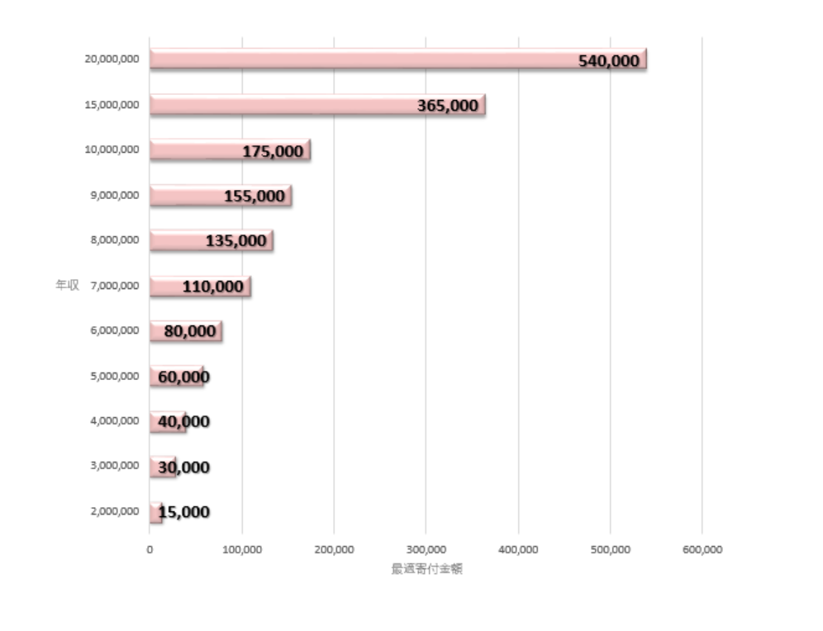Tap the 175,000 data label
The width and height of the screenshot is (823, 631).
tap(272, 151)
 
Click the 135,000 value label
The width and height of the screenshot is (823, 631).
tap(236, 241)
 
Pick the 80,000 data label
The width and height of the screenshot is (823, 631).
tap(190, 331)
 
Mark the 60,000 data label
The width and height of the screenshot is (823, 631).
tap(183, 377)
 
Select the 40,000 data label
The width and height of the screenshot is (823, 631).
tap(183, 422)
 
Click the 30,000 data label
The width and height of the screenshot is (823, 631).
tap(183, 467)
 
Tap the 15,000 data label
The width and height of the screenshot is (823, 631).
tap(183, 512)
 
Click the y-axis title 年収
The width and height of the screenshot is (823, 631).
tap(67, 286)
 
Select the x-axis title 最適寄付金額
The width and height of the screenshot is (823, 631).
tap(426, 569)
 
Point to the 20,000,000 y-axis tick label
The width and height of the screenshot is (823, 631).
tap(112, 59)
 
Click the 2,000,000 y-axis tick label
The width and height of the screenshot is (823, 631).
tap(114, 512)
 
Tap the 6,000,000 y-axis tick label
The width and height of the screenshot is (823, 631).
tap(114, 331)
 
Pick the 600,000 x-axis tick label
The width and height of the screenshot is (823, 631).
tap(702, 549)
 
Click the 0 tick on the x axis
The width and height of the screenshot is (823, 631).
tap(150, 549)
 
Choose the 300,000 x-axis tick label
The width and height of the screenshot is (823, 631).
tap(426, 549)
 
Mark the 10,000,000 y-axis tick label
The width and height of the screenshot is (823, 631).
tap(112, 150)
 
